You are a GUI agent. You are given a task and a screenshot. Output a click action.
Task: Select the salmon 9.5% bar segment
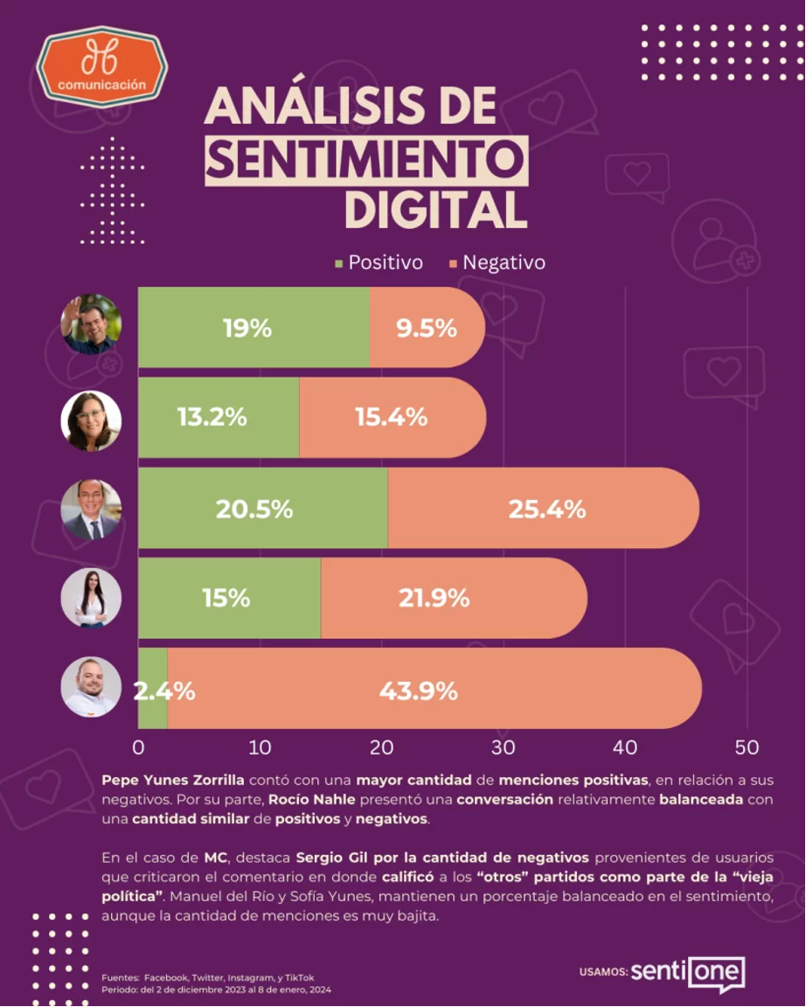pyautogui.click(x=427, y=328)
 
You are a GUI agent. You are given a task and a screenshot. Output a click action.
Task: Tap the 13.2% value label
pyautogui.click(x=212, y=418)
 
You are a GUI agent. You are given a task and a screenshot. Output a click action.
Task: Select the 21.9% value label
pyautogui.click(x=434, y=599)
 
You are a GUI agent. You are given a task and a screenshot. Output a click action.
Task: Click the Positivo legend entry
pyautogui.click(x=378, y=263)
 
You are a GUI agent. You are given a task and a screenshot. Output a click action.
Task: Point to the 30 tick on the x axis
pyautogui.click(x=503, y=748)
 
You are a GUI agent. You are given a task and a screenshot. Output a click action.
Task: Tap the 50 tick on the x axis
pyautogui.click(x=746, y=748)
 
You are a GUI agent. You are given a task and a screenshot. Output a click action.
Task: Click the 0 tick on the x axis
pyautogui.click(x=138, y=748)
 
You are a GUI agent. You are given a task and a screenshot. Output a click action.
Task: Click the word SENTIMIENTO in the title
pyautogui.click(x=366, y=160)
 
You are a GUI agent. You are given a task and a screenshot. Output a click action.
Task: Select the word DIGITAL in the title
pyautogui.click(x=435, y=209)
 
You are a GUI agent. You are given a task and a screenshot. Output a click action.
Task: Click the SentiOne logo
pyautogui.click(x=687, y=972)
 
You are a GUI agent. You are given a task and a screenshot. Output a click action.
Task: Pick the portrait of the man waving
pyautogui.click(x=91, y=324)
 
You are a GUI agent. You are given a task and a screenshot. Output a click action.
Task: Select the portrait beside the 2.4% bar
pyautogui.click(x=91, y=687)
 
